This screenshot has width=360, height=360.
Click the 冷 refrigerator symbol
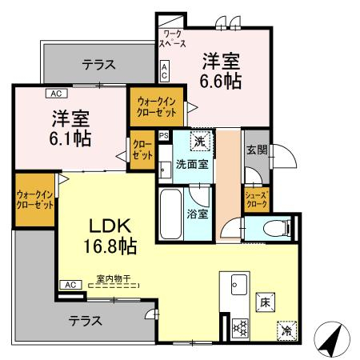click(x=286, y=330)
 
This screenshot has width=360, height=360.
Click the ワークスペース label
click(x=173, y=40)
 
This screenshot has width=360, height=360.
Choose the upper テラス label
click(x=98, y=65)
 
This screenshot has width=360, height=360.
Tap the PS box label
click(x=164, y=136)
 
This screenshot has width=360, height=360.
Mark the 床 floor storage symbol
click(x=265, y=302)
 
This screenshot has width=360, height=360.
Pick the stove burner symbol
click(x=238, y=326)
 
